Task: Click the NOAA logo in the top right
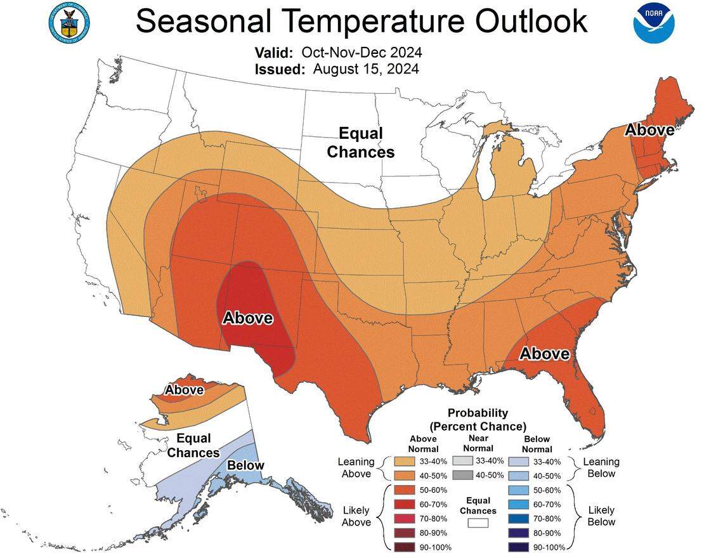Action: click(654, 23)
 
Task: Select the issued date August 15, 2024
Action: click(365, 69)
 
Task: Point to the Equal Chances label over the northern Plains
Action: click(361, 143)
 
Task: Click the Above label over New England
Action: click(649, 130)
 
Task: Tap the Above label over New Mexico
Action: click(247, 318)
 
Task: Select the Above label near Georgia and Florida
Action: click(544, 353)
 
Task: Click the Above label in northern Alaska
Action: click(185, 390)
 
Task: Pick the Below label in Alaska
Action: click(245, 465)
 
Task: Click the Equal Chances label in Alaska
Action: click(193, 445)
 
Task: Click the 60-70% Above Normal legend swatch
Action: click(405, 504)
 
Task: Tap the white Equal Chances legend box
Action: click(478, 523)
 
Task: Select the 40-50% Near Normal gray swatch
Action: click(463, 475)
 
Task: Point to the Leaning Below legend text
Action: click(601, 468)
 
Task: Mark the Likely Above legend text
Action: click(356, 516)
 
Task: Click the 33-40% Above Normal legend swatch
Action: click(405, 461)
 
